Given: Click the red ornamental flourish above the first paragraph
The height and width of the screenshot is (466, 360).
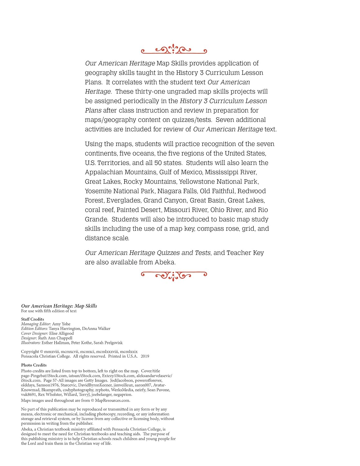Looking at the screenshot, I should click(174, 49).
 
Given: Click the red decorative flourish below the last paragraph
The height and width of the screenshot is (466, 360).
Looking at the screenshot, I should click(174, 275).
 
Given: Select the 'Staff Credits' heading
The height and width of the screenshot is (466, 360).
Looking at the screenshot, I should click(33, 319).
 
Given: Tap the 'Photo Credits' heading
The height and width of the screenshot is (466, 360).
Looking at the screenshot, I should click(34, 365).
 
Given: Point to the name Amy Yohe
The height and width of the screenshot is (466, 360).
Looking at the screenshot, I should click(61, 324).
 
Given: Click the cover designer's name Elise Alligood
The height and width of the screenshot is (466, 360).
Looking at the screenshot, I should click(62, 333).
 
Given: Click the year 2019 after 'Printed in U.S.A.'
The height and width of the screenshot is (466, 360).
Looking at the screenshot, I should click(145, 356).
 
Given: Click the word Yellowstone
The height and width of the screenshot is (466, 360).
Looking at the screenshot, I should click(197, 182).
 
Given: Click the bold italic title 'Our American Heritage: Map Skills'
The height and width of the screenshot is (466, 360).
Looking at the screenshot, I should click(59, 306).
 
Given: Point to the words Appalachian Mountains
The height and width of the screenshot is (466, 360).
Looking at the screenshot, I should click(121, 172).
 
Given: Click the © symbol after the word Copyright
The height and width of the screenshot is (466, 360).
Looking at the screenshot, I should click(42, 352).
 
